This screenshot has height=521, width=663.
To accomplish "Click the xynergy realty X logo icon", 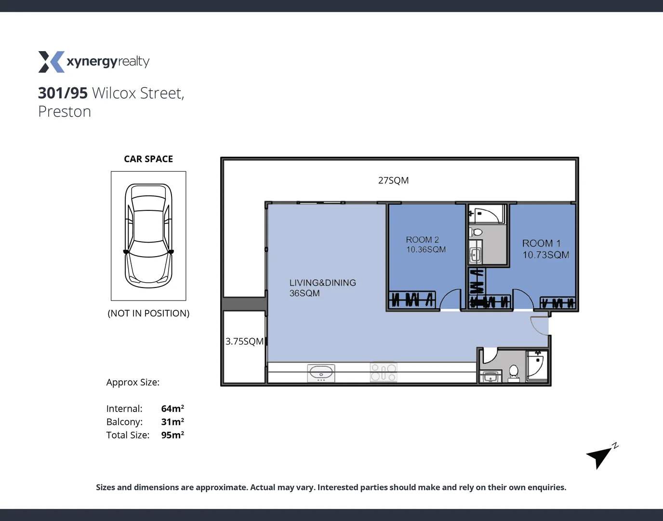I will pos(51,62).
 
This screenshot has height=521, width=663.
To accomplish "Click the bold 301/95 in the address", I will pos(63,93).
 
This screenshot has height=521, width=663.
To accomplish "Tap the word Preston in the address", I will pos(65,112).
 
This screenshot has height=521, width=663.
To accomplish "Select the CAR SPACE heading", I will pos(148,159).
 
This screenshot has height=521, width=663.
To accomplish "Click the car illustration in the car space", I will pos(148,235).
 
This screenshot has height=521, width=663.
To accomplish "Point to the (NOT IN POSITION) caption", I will pos(148,314).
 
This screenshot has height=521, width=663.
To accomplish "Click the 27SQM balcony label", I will pos(393,180).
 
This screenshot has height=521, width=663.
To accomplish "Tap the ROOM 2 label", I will pos(422,240).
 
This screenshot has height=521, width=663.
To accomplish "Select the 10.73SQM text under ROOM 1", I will pos(546,255).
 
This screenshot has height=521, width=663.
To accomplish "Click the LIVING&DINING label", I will pos(322,283).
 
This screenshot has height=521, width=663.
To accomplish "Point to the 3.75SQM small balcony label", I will pos(244,342).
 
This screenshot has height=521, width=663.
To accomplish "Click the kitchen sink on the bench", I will pos(321,373).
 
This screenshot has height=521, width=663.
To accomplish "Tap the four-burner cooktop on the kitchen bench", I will pos(384,372).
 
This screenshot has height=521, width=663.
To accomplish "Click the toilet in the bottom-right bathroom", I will pos(514,372).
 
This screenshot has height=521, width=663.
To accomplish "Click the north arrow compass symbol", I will pos(600,455).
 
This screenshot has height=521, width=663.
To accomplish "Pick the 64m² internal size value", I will pos(172,409).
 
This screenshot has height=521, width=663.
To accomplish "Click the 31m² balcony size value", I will pos(172,422).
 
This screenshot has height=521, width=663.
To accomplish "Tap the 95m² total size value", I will pos(172,435).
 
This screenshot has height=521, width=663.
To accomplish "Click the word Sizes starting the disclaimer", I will pos(105,487).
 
